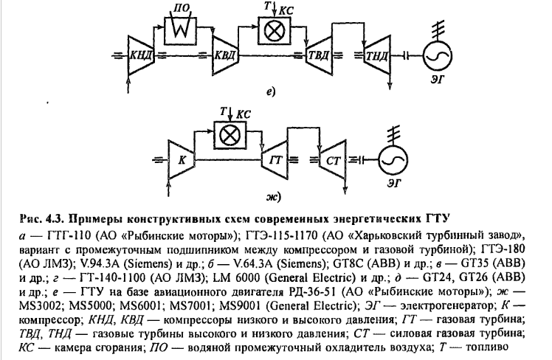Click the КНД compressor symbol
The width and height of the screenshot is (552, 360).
[x=141, y=55]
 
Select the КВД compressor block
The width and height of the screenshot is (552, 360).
[x=226, y=55]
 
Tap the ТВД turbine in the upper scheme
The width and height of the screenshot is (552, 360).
[x=319, y=55]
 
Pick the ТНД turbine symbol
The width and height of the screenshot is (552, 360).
[x=376, y=55]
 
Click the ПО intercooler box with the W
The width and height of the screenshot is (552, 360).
[x=181, y=30]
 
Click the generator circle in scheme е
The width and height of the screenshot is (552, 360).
[x=438, y=55]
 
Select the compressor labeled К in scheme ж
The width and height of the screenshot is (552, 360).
[x=182, y=160]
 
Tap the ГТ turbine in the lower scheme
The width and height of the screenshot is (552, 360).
[x=275, y=160]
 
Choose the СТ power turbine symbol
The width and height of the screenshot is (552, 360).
[x=333, y=160]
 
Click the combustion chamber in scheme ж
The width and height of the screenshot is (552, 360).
[x=230, y=135]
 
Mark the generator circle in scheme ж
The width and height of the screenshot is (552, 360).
[x=393, y=160]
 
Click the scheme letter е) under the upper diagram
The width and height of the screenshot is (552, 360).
[x=270, y=92]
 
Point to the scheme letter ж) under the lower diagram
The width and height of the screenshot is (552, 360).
[x=273, y=197]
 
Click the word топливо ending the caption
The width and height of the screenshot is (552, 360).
[x=487, y=347]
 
